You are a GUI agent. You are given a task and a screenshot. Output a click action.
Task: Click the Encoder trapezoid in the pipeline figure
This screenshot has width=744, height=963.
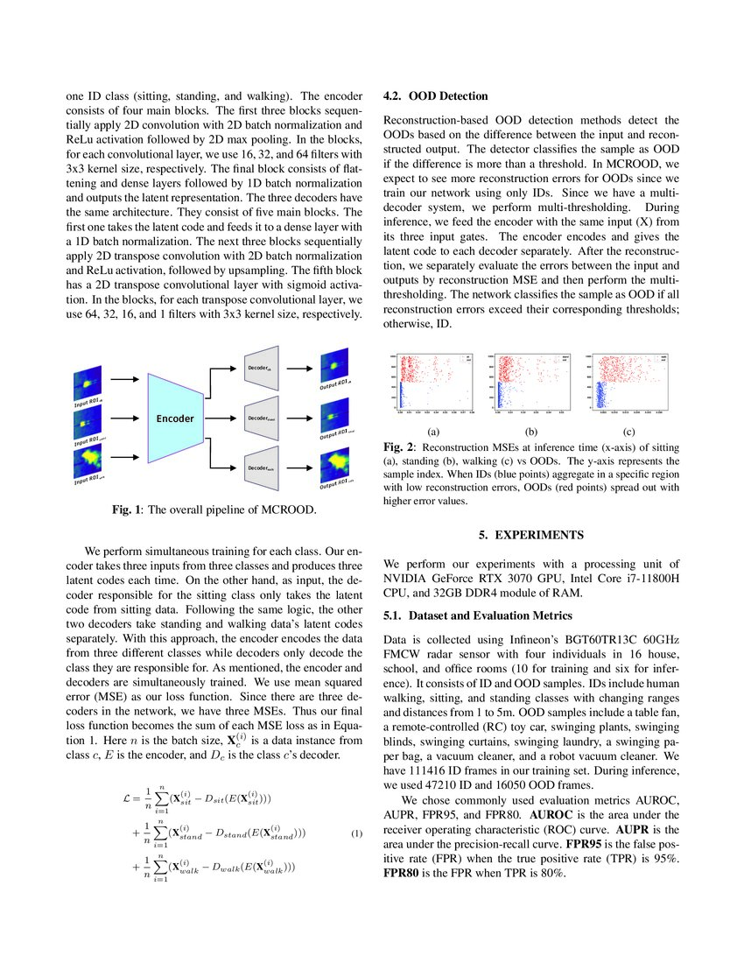(x=174, y=419)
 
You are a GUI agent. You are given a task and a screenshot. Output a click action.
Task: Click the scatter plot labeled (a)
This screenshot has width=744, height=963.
(x=434, y=383)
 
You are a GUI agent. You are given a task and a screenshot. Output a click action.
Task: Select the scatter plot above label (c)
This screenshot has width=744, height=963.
(x=628, y=383)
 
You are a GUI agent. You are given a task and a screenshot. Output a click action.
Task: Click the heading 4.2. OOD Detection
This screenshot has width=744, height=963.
(x=437, y=95)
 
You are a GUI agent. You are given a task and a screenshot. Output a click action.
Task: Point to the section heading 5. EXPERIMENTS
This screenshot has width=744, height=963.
(x=530, y=534)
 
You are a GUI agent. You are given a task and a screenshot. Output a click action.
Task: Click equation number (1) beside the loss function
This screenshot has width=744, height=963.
(x=356, y=833)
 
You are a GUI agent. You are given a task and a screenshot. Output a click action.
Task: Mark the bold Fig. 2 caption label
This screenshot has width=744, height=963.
(x=399, y=447)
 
